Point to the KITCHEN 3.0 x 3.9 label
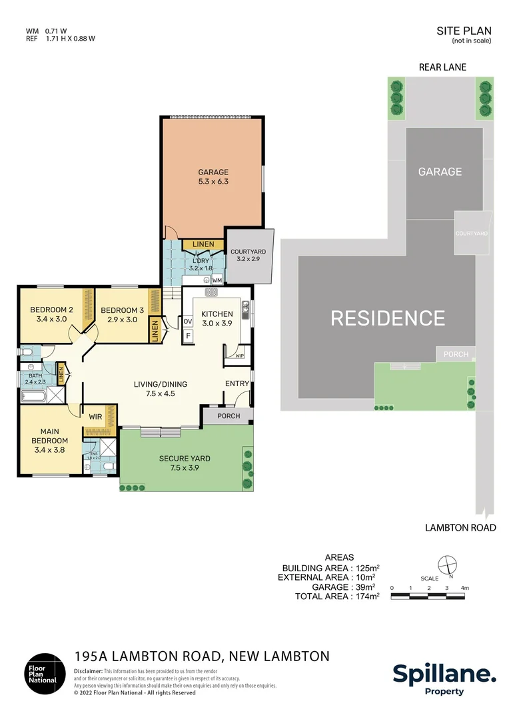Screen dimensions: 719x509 [x=217, y=319]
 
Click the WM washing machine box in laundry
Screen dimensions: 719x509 [x=217, y=280]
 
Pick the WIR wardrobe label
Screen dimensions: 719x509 [x=95, y=417]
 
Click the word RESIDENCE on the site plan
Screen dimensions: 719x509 [x=388, y=318]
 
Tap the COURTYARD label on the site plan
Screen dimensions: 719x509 [x=472, y=234]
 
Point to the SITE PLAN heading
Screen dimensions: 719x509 [x=464, y=31]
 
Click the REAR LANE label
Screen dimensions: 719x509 [x=442, y=67]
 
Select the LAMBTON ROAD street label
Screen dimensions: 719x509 [x=460, y=528]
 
